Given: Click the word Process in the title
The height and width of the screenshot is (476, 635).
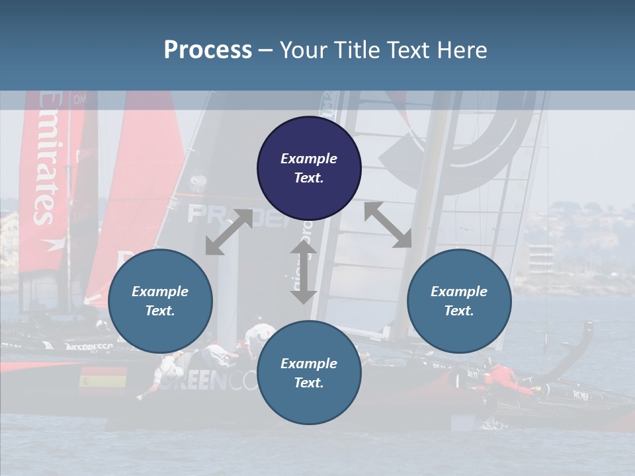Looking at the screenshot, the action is (x=208, y=50).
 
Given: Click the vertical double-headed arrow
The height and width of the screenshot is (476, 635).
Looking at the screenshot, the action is (x=304, y=271).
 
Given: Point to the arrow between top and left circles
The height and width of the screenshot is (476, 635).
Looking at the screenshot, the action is (x=229, y=232).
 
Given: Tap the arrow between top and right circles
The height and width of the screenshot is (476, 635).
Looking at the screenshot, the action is (x=388, y=225).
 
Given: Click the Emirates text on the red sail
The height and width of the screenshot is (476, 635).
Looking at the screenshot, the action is (x=47, y=159).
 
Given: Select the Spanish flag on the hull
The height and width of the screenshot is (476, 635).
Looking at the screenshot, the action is (x=103, y=381).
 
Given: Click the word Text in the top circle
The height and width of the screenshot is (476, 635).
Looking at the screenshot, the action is (x=309, y=178).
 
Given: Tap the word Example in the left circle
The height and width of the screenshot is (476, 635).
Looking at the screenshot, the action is (x=160, y=292).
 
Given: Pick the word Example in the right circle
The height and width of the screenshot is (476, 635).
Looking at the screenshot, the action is (x=459, y=292).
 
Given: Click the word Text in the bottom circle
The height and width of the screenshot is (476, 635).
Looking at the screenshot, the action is (x=309, y=383).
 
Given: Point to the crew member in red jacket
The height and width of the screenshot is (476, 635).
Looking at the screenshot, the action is (x=506, y=378).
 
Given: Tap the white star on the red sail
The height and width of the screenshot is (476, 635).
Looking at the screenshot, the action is (x=49, y=244).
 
